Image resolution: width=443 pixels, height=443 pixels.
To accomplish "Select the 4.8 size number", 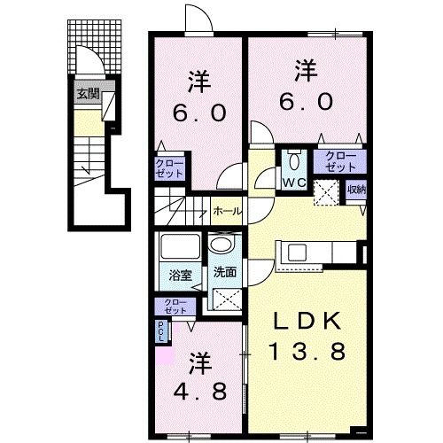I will pos(200,391).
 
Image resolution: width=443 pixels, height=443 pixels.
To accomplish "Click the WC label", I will pos(294,183).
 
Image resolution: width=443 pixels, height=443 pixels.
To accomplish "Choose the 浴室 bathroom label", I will pos(180,276).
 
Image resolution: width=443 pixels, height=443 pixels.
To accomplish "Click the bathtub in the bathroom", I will pos(181,249).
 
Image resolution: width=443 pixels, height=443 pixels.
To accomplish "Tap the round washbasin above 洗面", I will pos(221,245).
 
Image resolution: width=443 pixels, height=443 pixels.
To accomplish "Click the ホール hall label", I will pos(225,212).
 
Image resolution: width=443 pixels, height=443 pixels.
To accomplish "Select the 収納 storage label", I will pos(356,189).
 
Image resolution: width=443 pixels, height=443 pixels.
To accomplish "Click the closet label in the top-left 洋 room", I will pos(170,168).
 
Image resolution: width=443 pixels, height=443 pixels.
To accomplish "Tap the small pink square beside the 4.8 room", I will pos(161,356).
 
